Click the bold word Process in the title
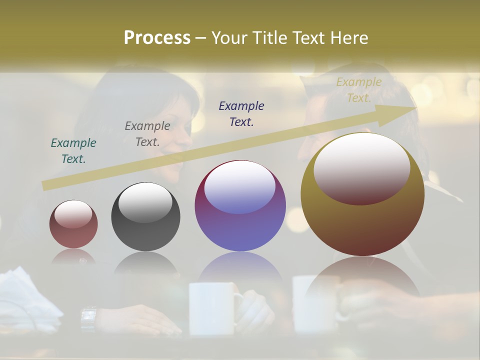[x=157, y=38]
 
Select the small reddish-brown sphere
[x=73, y=224]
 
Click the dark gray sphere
[x=145, y=216]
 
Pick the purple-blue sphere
[x=240, y=205]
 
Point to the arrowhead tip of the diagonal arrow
[x=415, y=108]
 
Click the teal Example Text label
[x=73, y=150]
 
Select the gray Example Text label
[x=147, y=134]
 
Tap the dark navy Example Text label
[x=241, y=113]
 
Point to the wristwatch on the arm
[x=88, y=318]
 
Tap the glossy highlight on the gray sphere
[x=145, y=202]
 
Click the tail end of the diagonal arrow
[x=45, y=185]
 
